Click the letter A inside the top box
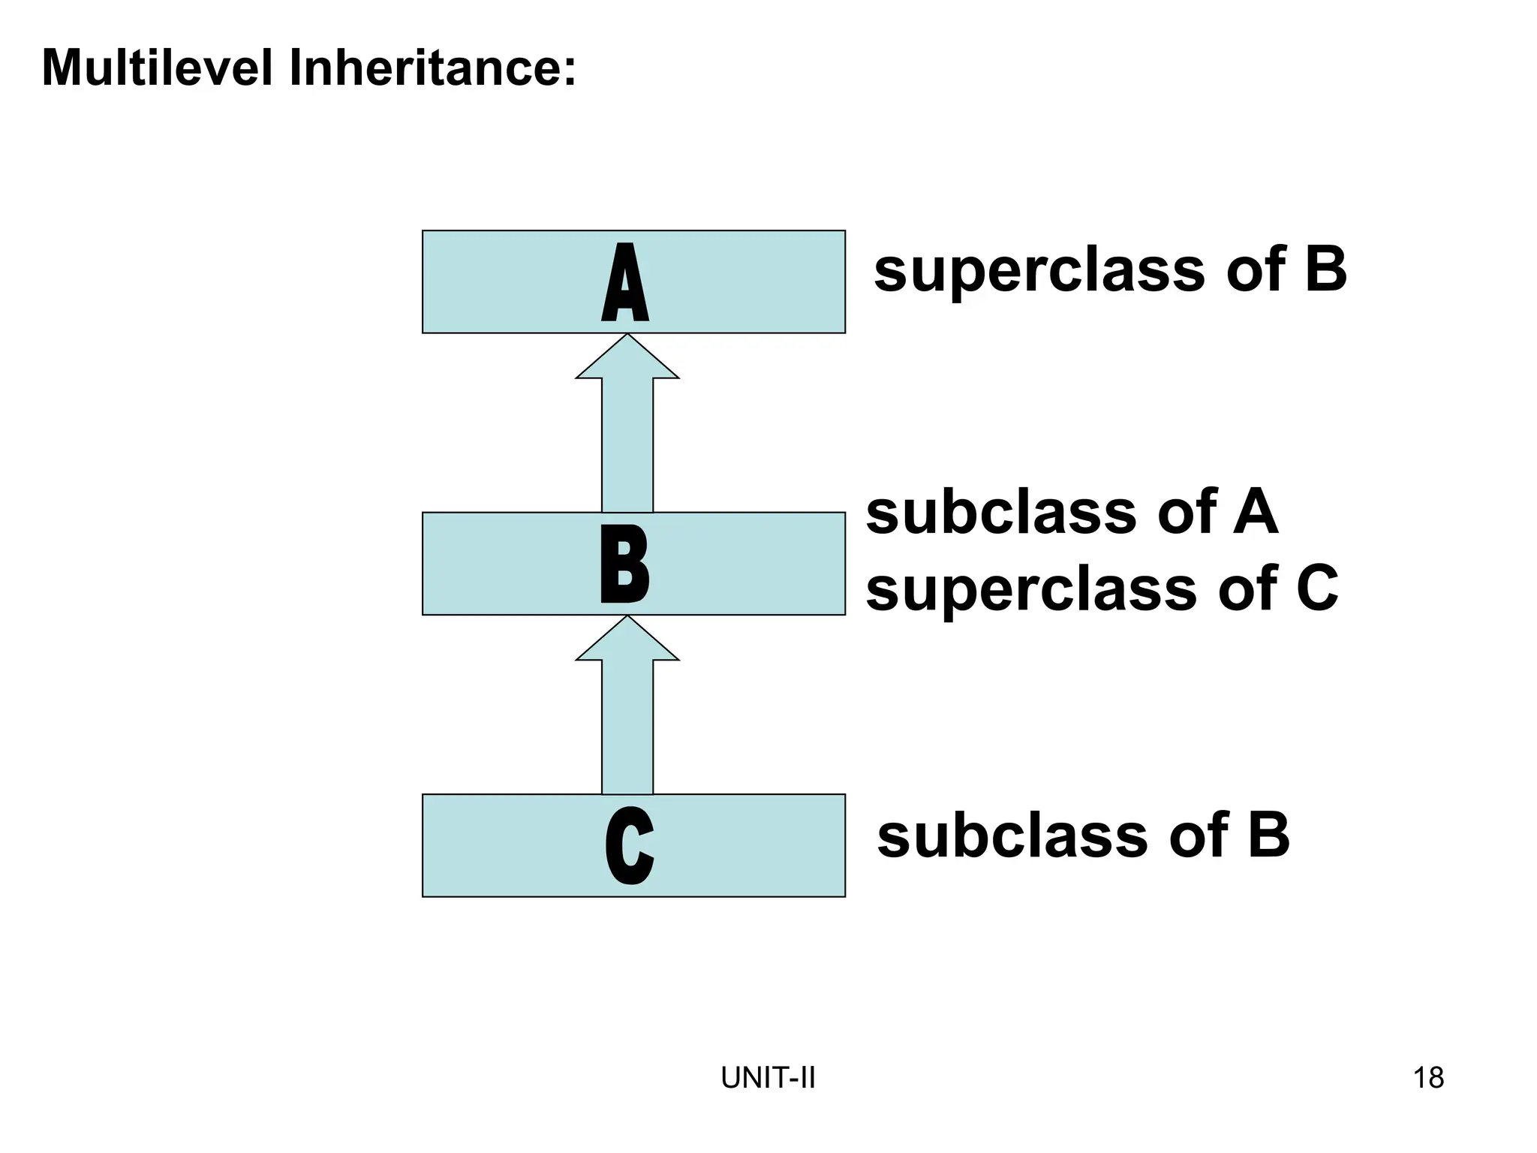[x=625, y=283]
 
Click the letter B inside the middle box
[x=624, y=564]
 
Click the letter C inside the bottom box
[x=629, y=846]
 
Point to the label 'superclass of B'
[x=1110, y=269]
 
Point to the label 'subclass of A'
[x=1071, y=513]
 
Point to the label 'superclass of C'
[x=1102, y=589]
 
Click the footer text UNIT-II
[x=768, y=1078]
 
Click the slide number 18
[x=1428, y=1078]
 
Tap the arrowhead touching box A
[x=627, y=359]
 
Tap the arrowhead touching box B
[x=627, y=640]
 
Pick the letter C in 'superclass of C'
[x=1317, y=589]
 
